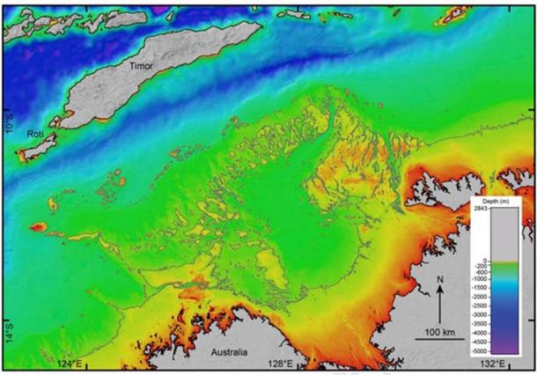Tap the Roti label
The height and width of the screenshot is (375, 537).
pos(35,134)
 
